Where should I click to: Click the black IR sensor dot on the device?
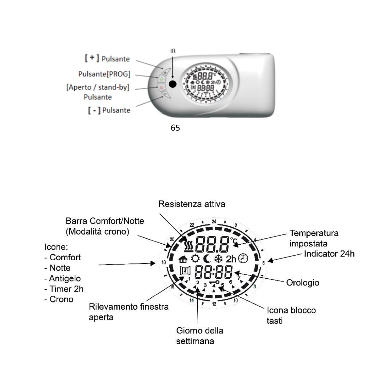[x=172, y=84]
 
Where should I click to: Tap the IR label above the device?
[x=173, y=51]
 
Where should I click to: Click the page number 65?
[x=175, y=128]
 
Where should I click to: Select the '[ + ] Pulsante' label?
[x=107, y=59]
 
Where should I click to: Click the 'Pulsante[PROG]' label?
[x=104, y=74]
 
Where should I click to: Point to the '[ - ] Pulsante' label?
[x=109, y=110]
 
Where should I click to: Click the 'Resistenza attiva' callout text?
[x=192, y=204]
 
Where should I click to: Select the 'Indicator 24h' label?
[x=329, y=254]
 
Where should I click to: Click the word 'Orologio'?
[x=303, y=282]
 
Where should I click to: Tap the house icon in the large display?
[x=183, y=259]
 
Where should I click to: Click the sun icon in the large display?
[x=195, y=259]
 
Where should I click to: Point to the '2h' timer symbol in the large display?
[x=231, y=259]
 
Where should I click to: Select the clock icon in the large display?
[x=243, y=259]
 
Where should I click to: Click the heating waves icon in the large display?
[x=189, y=245]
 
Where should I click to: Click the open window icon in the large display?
[x=185, y=271]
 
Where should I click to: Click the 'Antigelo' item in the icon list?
[x=65, y=278]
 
